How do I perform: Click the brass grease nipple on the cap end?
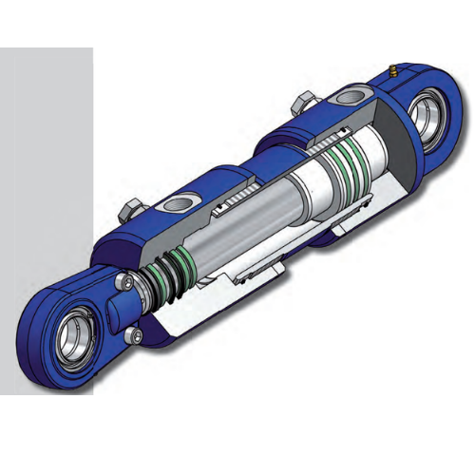coord(391,72)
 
